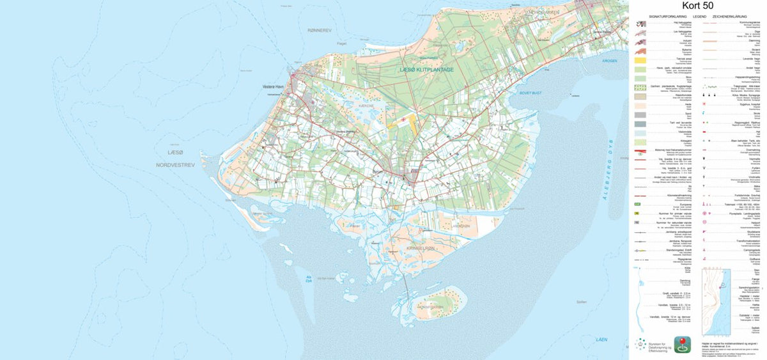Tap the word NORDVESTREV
click(x=175, y=165)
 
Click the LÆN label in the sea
click(x=601, y=339)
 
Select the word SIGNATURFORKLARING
click(x=665, y=16)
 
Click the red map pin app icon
click(x=683, y=345)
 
